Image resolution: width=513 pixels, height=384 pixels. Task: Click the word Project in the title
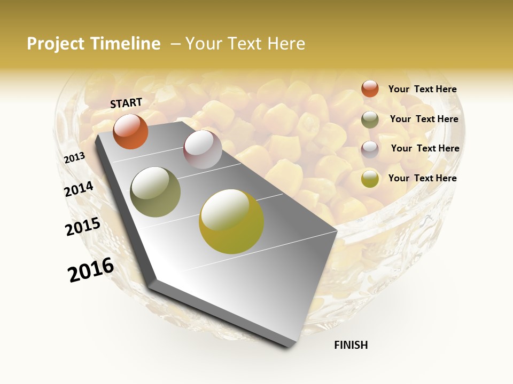[56, 44]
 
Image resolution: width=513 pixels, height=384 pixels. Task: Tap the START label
[126, 102]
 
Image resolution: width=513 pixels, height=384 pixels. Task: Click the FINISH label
[351, 345]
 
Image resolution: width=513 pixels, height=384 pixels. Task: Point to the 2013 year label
[74, 158]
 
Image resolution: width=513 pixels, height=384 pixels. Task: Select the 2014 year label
[79, 189]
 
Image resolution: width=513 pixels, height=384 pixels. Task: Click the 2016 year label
[91, 269]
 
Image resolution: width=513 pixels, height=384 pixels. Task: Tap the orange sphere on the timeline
[130, 131]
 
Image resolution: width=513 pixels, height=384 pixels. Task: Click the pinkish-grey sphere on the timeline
[203, 149]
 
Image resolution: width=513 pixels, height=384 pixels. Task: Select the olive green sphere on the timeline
[156, 191]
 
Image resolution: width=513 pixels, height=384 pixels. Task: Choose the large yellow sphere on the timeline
[231, 221]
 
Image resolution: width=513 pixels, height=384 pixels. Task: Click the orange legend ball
[370, 89]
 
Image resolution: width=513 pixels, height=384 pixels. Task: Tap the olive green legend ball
[370, 119]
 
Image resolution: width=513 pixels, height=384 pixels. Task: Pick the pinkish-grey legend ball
[370, 149]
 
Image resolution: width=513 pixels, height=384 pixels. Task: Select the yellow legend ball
[370, 179]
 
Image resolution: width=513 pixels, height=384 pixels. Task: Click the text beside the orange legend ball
[422, 89]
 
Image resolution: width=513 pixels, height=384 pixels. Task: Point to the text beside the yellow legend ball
[422, 178]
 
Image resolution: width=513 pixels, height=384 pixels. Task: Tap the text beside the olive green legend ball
[424, 119]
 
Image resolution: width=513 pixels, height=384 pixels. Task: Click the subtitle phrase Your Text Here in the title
[245, 44]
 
